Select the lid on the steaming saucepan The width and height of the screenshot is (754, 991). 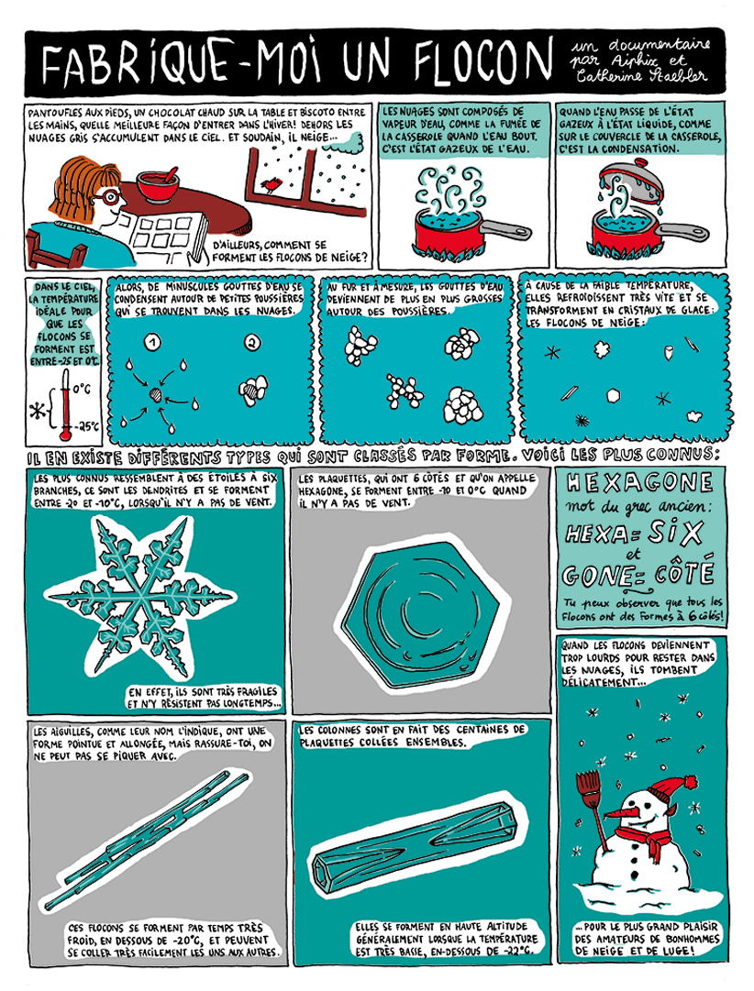(x=627, y=180)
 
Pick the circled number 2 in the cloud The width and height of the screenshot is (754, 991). (x=251, y=345)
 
